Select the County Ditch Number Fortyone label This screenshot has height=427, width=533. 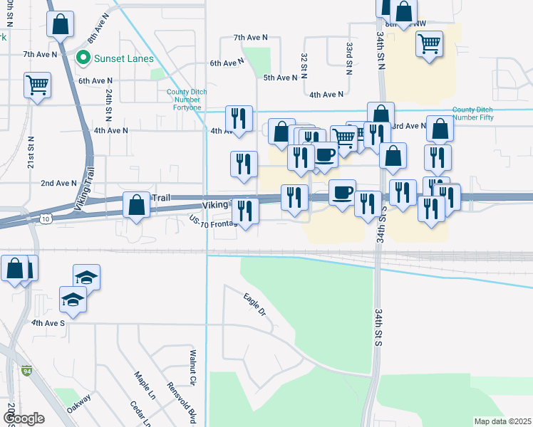pyautogui.click(x=184, y=100)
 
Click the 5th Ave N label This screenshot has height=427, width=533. pyautogui.click(x=280, y=78)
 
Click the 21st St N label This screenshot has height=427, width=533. pyautogui.click(x=31, y=153)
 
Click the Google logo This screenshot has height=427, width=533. pyautogui.click(x=24, y=418)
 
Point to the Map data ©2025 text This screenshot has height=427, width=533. pyautogui.click(x=503, y=421)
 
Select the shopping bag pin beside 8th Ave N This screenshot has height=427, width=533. pyautogui.click(x=61, y=25)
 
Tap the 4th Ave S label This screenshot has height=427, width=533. pyautogui.click(x=48, y=322)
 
